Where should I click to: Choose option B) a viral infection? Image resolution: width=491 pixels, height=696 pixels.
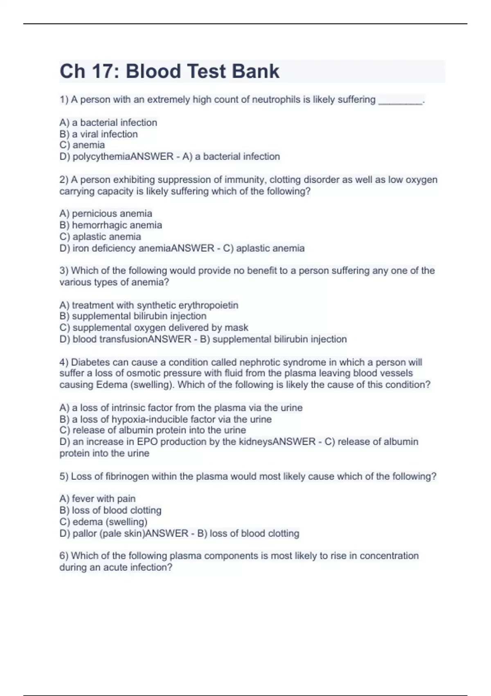click(x=99, y=134)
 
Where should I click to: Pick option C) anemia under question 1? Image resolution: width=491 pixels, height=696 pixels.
click(x=82, y=145)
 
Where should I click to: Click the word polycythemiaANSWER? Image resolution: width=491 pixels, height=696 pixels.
click(x=123, y=156)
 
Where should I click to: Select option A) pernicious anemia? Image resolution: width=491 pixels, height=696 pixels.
click(x=106, y=213)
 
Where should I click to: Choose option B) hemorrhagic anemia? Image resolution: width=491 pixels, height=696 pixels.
click(x=110, y=225)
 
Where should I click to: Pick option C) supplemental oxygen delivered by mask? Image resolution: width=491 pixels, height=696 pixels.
click(x=154, y=328)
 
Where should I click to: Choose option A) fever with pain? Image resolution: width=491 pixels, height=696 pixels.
click(x=97, y=499)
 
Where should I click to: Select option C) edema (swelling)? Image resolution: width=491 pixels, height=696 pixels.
click(x=104, y=522)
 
